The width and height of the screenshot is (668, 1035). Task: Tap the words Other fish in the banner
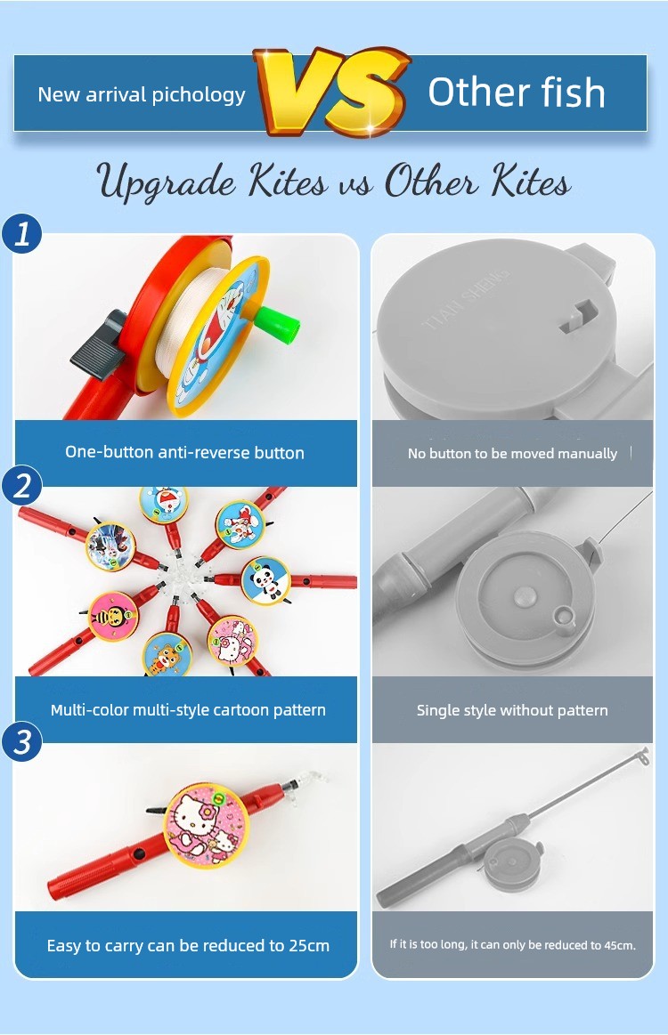pyautogui.click(x=517, y=93)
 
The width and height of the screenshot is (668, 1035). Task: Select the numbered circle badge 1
pyautogui.click(x=21, y=234)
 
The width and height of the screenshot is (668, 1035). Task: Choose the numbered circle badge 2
pyautogui.click(x=21, y=486)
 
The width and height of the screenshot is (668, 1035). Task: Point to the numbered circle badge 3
pyautogui.click(x=21, y=740)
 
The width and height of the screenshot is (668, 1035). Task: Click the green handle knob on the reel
pyautogui.click(x=278, y=323)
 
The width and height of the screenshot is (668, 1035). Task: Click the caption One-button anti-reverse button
pyautogui.click(x=185, y=453)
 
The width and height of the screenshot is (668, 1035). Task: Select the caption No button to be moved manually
pyautogui.click(x=512, y=454)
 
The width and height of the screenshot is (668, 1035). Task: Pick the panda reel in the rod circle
pyautogui.click(x=265, y=580)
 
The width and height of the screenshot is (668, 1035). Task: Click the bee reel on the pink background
pyautogui.click(x=114, y=616)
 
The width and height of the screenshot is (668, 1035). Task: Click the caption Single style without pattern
pyautogui.click(x=512, y=710)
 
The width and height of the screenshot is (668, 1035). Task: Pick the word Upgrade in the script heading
pyautogui.click(x=167, y=182)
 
